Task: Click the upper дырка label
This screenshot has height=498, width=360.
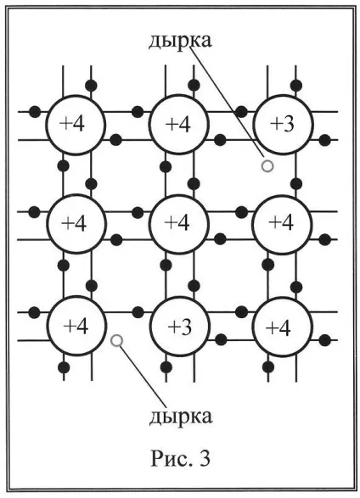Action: [180, 41]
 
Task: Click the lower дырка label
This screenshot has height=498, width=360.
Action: [181, 416]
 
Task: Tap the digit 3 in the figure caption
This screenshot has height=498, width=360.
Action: [205, 459]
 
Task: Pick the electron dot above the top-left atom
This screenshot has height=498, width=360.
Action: [91, 85]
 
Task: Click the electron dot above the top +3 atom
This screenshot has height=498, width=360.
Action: [296, 85]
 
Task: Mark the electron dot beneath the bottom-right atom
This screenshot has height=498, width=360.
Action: [268, 367]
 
